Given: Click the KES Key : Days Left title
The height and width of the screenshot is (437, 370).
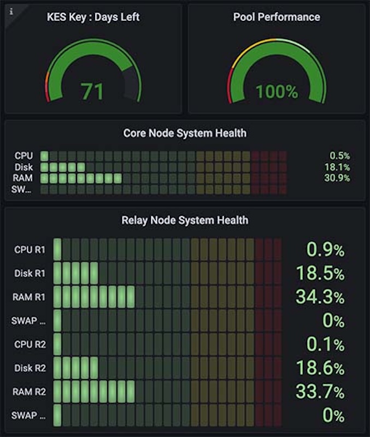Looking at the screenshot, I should pos(93,17).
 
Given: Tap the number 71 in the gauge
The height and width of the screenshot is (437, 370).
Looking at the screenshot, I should pos(92,91).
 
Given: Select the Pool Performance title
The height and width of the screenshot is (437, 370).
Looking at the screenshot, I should pos(277,17).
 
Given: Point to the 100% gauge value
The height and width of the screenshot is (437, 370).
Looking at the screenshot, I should pos(277,91).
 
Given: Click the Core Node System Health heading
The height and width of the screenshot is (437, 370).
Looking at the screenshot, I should pos(185,133).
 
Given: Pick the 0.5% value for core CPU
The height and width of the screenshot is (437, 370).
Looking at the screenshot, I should pos(339,156).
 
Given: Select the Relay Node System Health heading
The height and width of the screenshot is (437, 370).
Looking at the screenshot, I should pos(185,220).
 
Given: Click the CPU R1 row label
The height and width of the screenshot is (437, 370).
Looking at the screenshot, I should pos(30,250).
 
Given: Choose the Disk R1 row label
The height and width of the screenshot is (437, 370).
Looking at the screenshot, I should pos(30,274).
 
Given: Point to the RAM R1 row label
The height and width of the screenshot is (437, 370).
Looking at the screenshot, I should pos(30,297).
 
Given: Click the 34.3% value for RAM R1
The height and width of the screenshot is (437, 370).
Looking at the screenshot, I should pos(320,297).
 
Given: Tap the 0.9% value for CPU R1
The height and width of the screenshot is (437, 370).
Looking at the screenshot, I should pos(326,250).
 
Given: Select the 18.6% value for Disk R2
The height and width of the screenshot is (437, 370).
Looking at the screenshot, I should pos(320,368).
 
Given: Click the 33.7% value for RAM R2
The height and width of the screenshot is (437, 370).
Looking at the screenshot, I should pos(320,392).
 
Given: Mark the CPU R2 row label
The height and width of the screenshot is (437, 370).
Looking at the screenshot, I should pos(30,345).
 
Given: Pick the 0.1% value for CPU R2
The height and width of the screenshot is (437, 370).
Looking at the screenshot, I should pos(326,345).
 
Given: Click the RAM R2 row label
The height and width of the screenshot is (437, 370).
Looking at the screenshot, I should pos(30,392).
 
